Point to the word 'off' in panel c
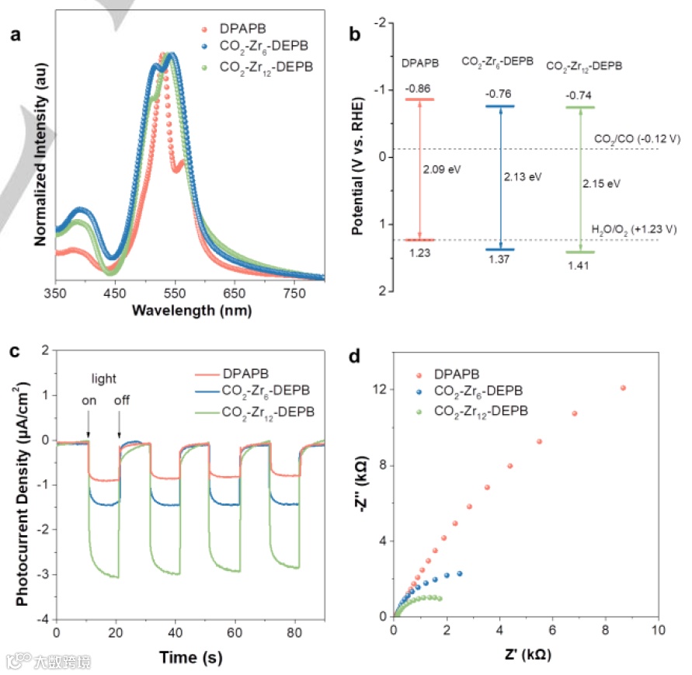click(x=122, y=401)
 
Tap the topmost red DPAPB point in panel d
click(x=623, y=388)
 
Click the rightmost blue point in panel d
click(x=460, y=573)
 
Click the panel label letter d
click(x=356, y=358)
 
